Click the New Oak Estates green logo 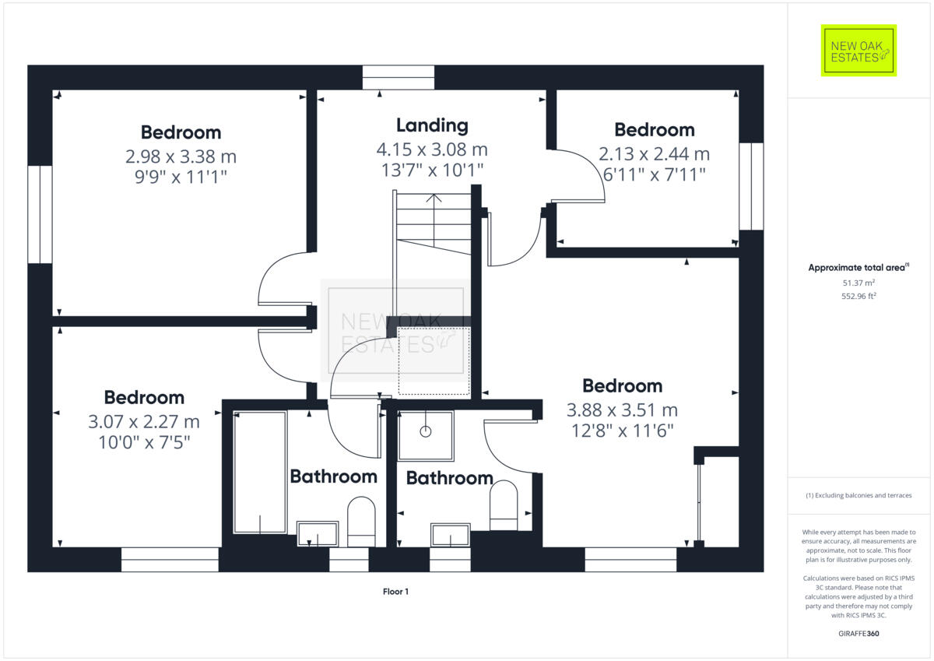859,51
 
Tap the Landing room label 432,125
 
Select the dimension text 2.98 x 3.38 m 181,156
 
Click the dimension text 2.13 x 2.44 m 654,153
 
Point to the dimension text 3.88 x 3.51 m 622,410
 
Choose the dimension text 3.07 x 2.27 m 144,422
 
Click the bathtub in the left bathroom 260,473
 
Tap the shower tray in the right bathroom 426,435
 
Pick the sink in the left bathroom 318,534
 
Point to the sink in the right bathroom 451,536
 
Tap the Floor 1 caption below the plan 395,592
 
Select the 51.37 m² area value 859,282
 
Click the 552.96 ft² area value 859,296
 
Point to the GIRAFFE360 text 859,634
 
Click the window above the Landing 399,78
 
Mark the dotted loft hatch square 434,361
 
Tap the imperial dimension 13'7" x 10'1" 431,169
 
